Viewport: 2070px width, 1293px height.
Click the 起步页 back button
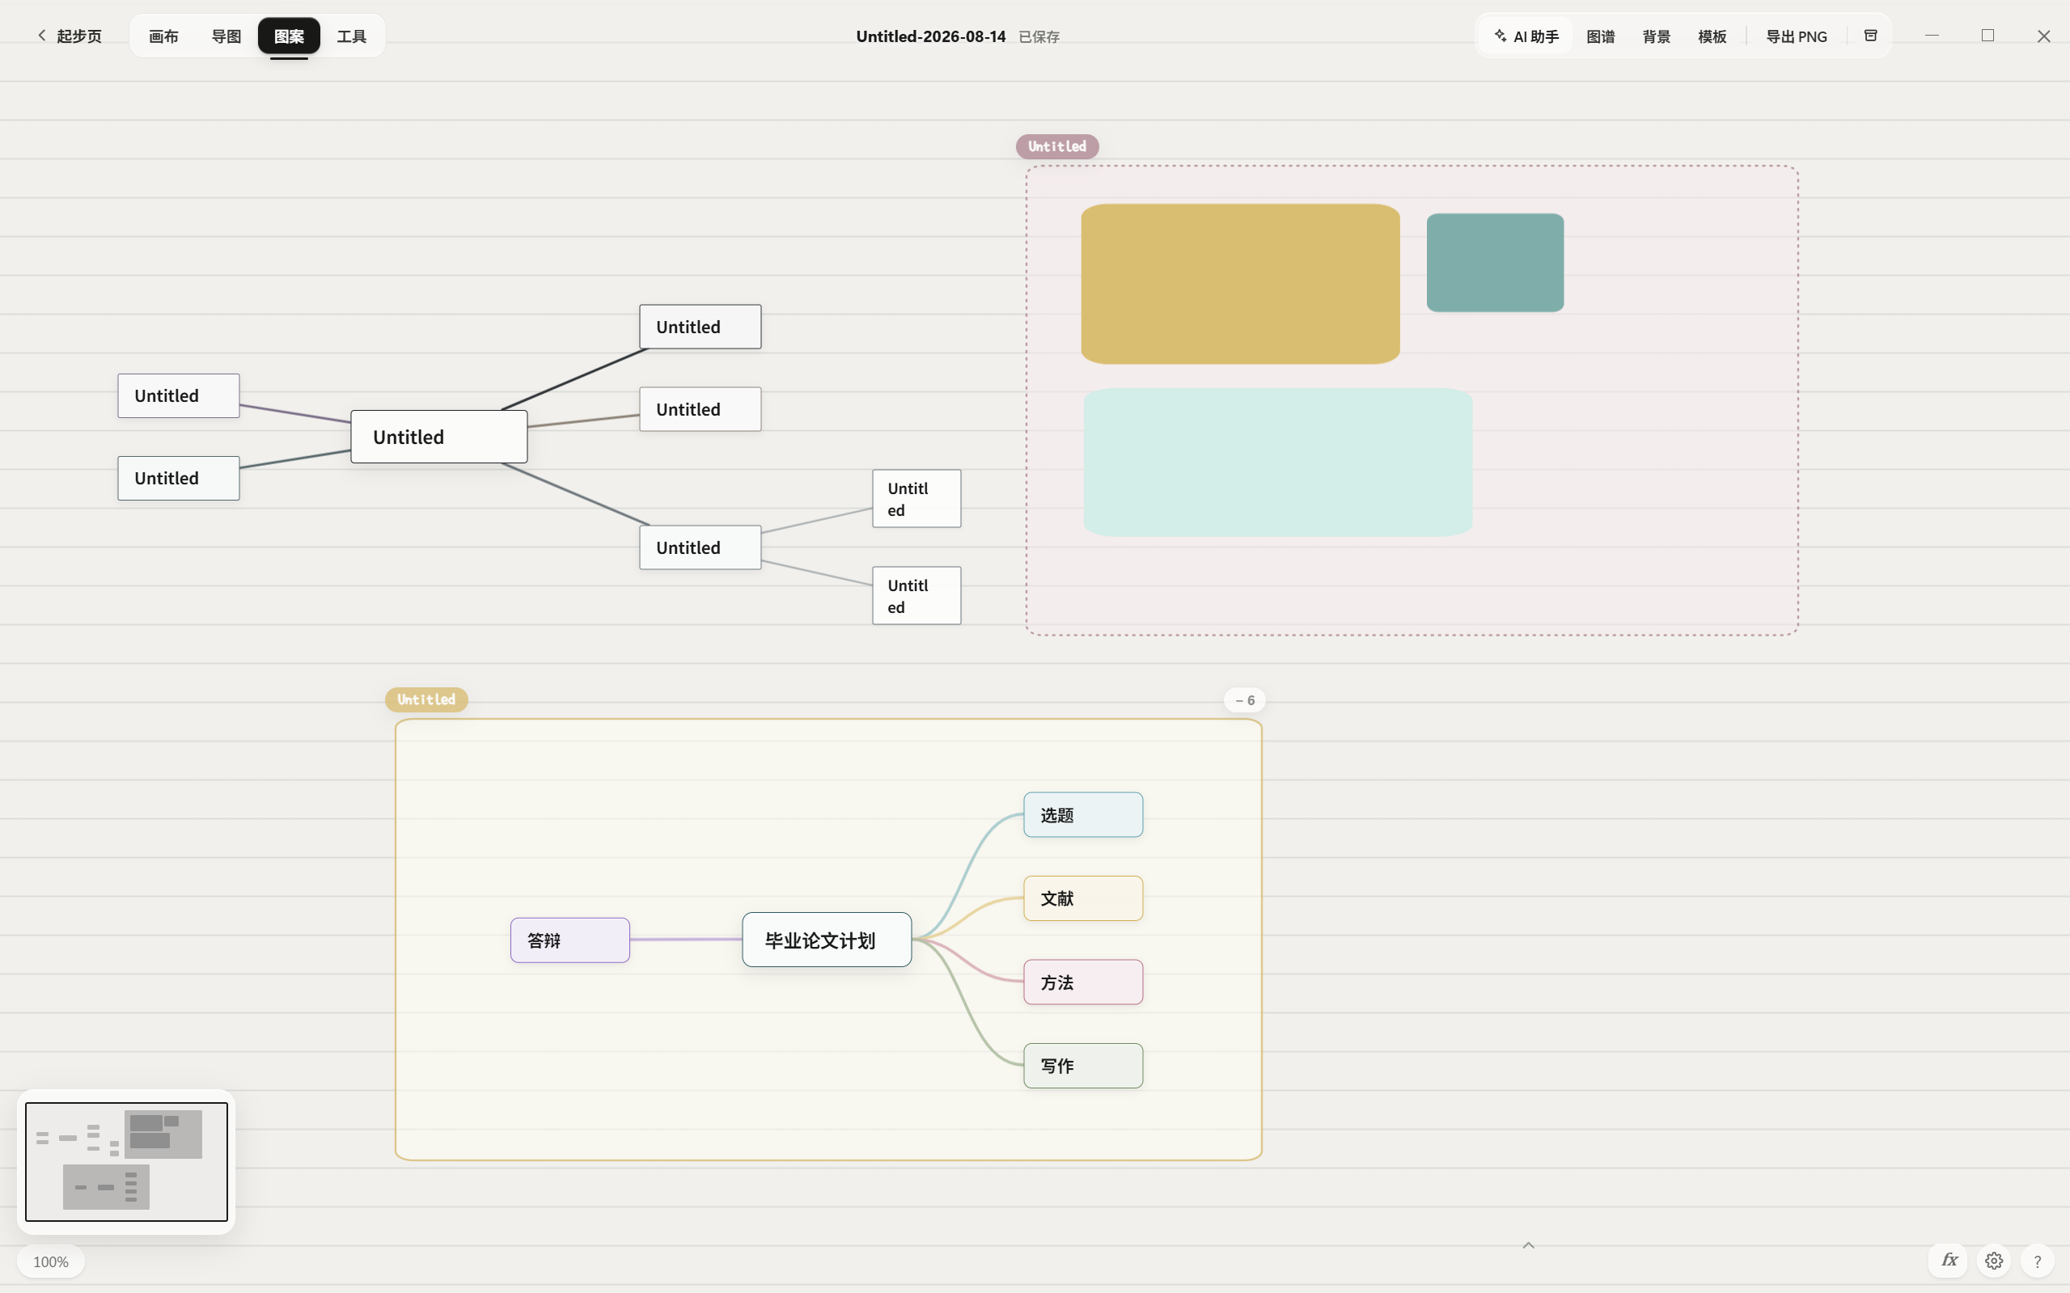70,36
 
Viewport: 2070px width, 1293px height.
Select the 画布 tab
163,36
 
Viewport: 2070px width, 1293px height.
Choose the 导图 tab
226,36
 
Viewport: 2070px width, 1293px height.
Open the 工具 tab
352,36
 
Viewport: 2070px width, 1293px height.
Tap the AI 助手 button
1527,36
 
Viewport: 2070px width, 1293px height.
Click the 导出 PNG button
1797,36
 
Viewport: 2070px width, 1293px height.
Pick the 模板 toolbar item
1712,36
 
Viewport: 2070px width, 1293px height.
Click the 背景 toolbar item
1656,36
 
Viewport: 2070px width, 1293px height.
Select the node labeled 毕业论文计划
826,940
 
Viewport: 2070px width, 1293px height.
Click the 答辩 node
569,940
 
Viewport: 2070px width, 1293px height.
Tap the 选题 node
1083,814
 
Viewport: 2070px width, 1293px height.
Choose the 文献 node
1083,898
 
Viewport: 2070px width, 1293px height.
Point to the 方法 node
1083,982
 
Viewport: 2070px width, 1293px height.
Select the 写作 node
1083,1066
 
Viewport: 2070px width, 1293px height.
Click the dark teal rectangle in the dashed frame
1495,263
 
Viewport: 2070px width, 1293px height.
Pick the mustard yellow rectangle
1240,284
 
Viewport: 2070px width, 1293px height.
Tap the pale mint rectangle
1278,462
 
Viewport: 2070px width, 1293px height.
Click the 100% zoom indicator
50,1261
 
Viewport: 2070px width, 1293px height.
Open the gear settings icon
1994,1261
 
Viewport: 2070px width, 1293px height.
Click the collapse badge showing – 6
1245,700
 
